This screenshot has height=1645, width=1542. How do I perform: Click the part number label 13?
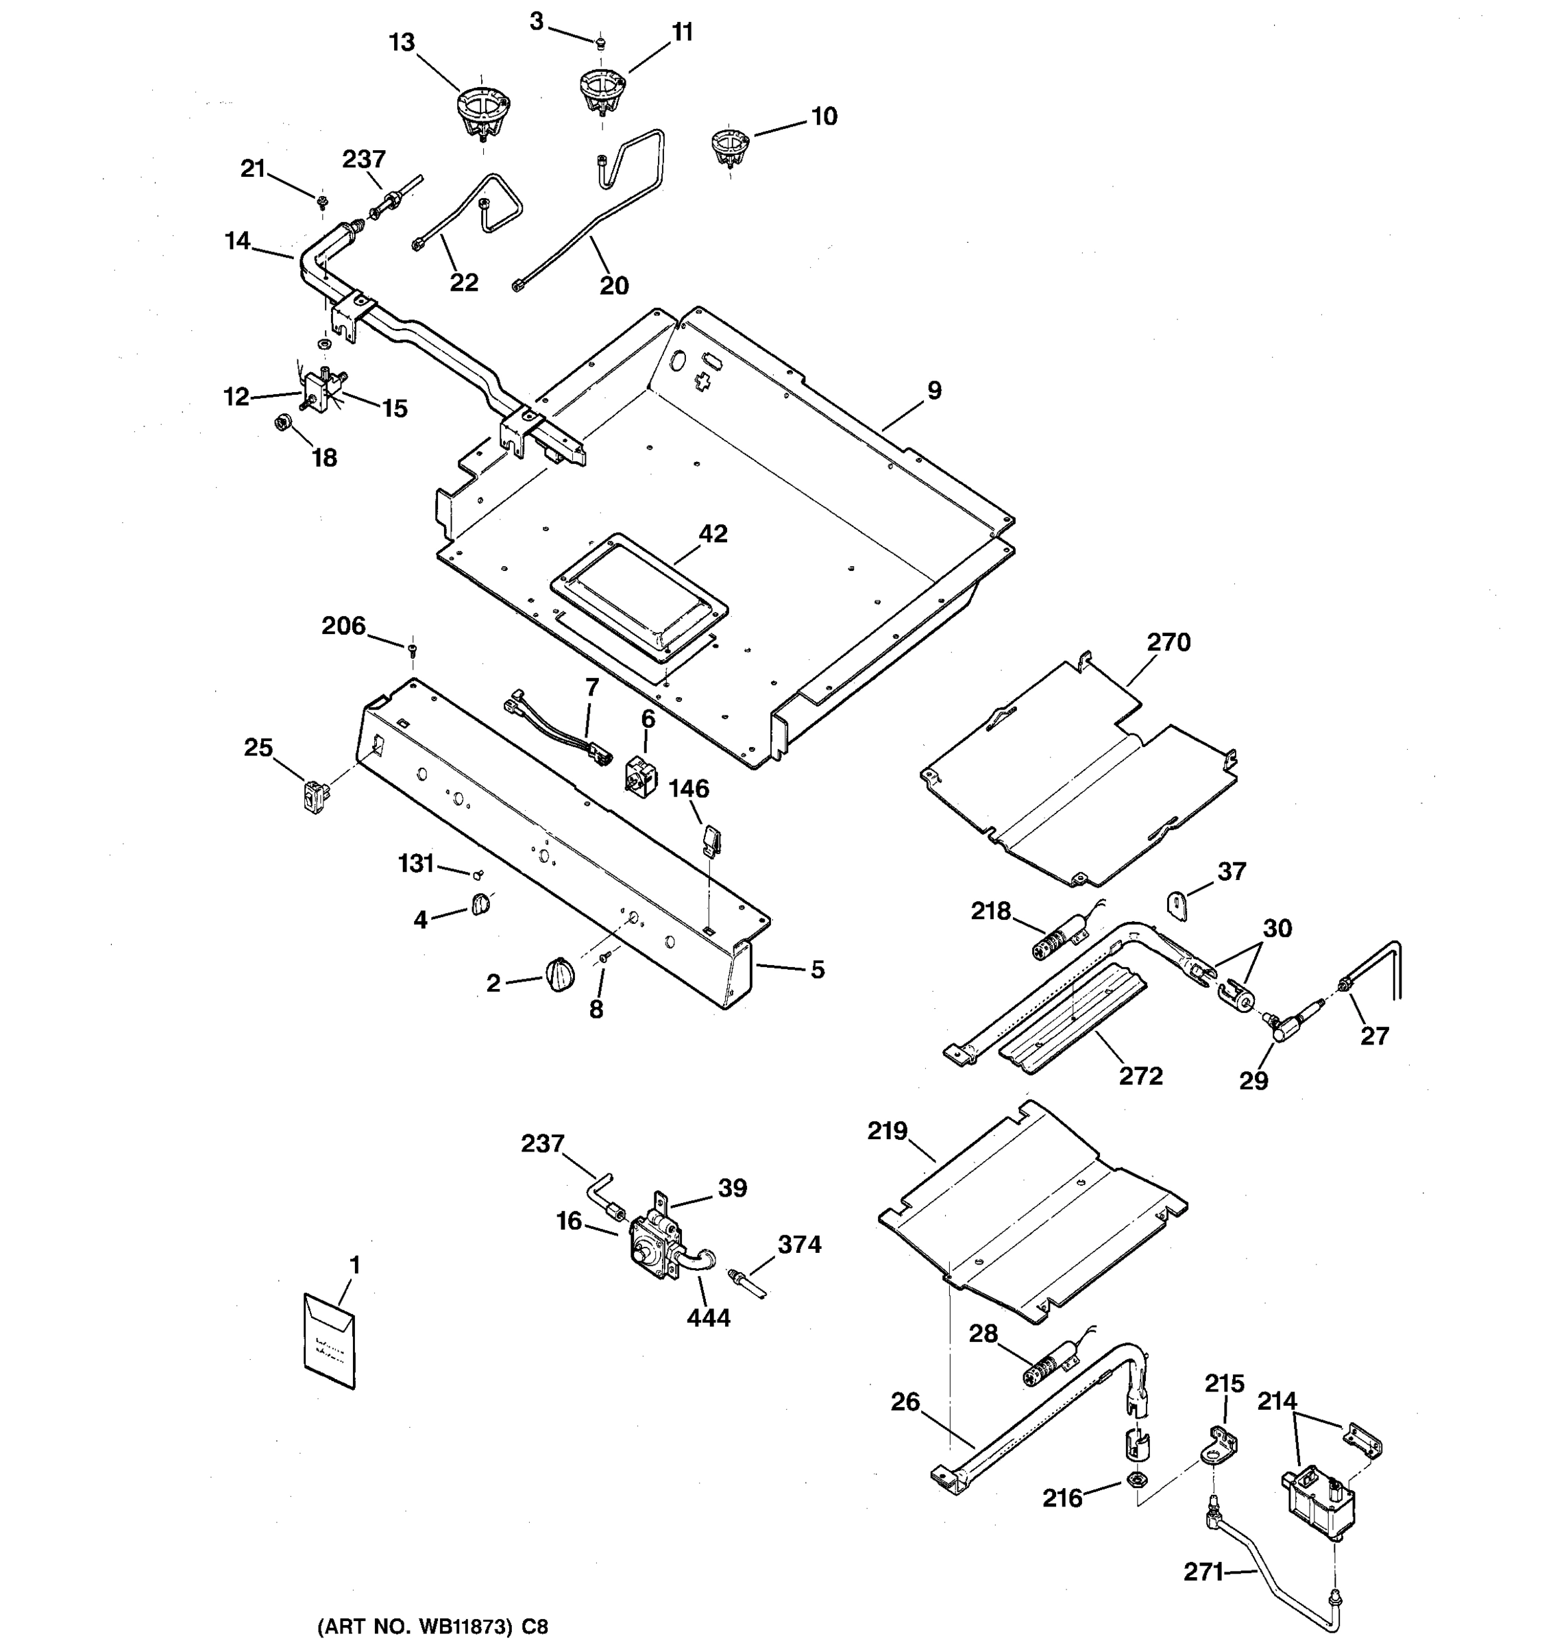click(402, 43)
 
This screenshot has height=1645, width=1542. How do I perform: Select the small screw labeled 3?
click(602, 41)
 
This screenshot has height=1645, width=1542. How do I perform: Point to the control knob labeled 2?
click(560, 973)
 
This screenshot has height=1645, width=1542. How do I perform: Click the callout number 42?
click(713, 534)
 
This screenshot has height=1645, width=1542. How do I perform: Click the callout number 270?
click(1168, 642)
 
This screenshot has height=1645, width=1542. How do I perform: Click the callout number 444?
click(708, 1317)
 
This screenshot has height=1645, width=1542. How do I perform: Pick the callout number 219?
click(887, 1130)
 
